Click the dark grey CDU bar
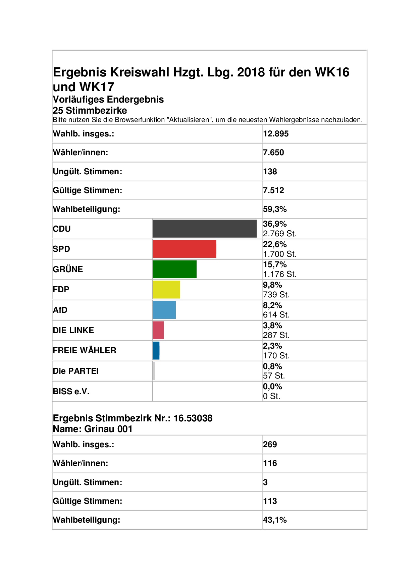pyautogui.click(x=205, y=229)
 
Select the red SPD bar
pyautogui.click(x=185, y=249)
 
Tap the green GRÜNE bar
pyautogui.click(x=175, y=269)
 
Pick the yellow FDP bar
pyautogui.click(x=166, y=290)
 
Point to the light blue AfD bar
pyautogui.click(x=164, y=310)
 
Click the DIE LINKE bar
pyautogui.click(x=158, y=330)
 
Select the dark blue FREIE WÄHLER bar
pyautogui.click(x=156, y=351)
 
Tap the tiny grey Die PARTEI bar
pyautogui.click(x=154, y=371)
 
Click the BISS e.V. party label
pyautogui.click(x=71, y=392)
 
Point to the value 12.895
pyautogui.click(x=276, y=134)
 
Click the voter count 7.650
pyautogui.click(x=273, y=153)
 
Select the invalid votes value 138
pyautogui.click(x=270, y=172)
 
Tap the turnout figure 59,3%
pyautogui.click(x=275, y=209)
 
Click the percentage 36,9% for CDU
pyautogui.click(x=275, y=224)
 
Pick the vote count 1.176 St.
pyautogui.click(x=279, y=274)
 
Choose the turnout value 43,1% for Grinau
pyautogui.click(x=275, y=520)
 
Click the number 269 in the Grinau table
pyautogui.click(x=270, y=445)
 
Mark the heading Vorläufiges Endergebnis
pyautogui.click(x=108, y=100)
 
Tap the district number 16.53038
pyautogui.click(x=193, y=418)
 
